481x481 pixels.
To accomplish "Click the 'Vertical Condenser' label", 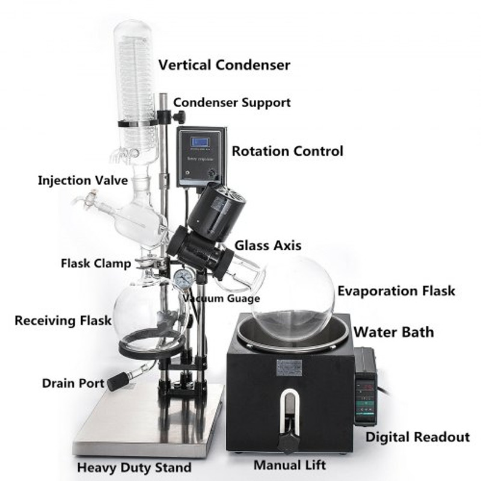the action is point(224,65).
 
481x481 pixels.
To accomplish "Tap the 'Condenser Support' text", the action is point(232,102).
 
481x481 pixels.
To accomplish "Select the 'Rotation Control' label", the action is point(287,152).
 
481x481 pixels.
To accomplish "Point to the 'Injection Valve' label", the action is point(83,180).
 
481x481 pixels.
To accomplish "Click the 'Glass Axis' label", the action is point(268,245).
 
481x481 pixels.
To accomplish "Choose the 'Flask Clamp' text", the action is point(96,263).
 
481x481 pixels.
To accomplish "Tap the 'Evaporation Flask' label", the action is point(396,291).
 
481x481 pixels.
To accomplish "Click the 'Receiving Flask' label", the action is point(63,320).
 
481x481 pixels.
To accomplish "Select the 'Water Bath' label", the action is point(394,332).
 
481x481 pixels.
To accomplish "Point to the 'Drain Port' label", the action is point(73,384).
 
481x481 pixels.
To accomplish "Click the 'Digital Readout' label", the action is point(417,437).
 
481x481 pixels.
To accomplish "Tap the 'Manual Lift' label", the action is point(290,465).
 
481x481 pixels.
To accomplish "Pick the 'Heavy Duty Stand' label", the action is point(134,468).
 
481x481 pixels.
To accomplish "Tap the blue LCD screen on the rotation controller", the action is point(200,142).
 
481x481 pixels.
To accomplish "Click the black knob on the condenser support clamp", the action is point(180,117).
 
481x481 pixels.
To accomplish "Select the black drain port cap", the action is point(118,381).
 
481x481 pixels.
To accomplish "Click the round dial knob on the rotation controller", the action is point(212,174).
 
